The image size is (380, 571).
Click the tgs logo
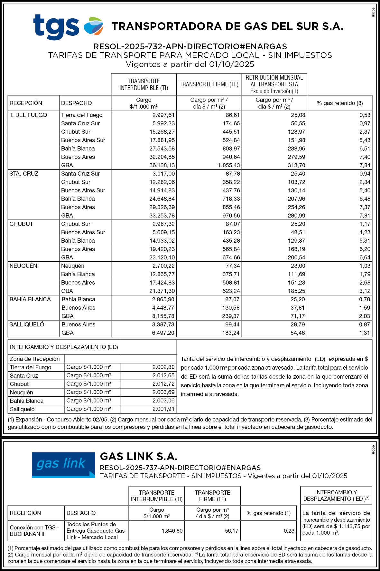[x=68, y=26]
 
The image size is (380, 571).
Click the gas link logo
[x=63, y=465]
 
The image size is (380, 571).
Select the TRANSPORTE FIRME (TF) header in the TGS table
[x=209, y=84]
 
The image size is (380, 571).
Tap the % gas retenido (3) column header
[x=339, y=103]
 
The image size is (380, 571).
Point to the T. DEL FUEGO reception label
[x=28, y=115]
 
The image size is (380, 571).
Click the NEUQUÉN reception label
[x=23, y=266]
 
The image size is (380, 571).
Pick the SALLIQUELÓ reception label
[x=27, y=324]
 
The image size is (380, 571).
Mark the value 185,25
[x=296, y=291]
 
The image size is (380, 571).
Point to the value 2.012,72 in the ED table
[x=163, y=384]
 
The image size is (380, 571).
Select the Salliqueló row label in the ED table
[x=22, y=409]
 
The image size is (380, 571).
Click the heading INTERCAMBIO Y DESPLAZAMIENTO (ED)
[x=64, y=347]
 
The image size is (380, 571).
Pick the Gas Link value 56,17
[x=232, y=531]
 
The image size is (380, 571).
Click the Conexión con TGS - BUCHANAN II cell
[x=34, y=531]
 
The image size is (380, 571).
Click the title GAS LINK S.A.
[x=139, y=456]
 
